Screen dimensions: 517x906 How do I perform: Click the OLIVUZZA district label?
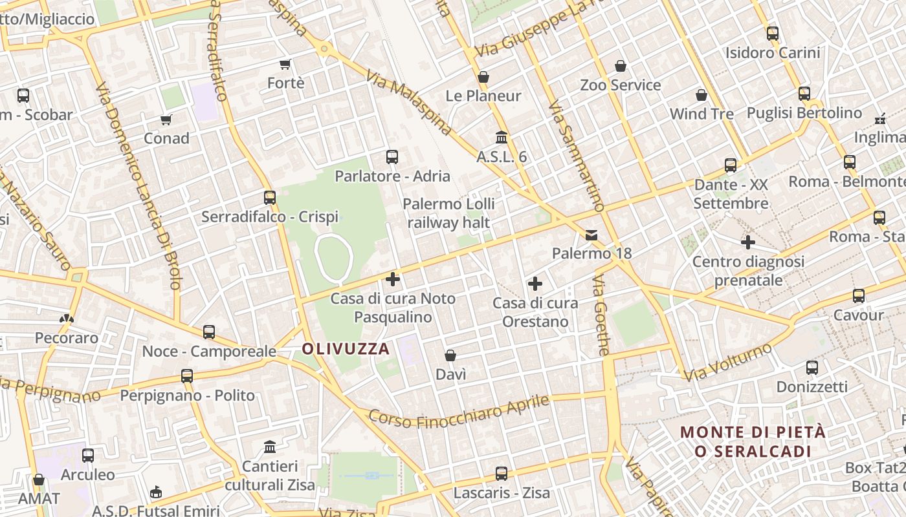pos(346,349)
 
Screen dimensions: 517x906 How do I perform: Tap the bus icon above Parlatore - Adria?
pos(392,156)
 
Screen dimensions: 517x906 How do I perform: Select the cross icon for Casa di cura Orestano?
pos(535,283)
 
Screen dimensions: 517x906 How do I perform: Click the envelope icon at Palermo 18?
pos(591,235)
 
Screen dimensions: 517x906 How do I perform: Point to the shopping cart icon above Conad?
pos(166,120)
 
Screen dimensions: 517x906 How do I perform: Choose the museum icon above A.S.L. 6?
pos(501,138)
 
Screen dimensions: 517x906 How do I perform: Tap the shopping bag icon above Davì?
pos(450,355)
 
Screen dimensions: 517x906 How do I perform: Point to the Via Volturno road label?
pos(729,362)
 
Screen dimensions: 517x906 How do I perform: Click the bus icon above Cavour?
pos(859,296)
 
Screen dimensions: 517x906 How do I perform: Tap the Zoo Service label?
pos(620,85)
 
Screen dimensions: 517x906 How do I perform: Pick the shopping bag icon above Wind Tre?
pos(702,96)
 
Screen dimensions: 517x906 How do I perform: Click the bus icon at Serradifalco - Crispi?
pos(270,198)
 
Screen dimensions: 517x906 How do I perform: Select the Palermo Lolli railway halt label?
pos(448,213)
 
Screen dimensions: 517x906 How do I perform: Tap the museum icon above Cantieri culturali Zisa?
pos(270,447)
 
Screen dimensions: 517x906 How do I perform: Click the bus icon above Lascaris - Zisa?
pos(501,474)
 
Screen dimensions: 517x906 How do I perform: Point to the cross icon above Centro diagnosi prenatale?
pos(748,242)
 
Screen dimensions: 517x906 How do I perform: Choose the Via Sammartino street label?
pos(576,155)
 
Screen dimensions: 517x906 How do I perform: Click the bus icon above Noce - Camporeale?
pos(209,332)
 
